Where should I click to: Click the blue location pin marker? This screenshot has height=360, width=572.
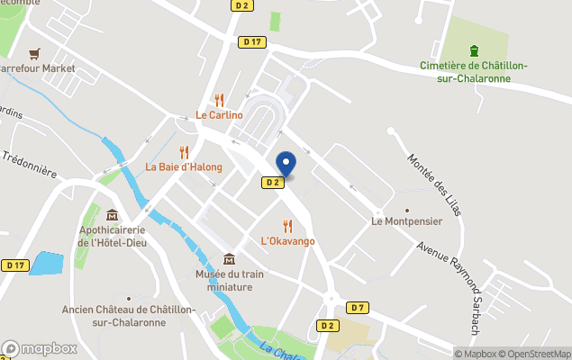(286, 165)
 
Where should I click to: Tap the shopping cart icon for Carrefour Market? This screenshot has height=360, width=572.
(34, 53)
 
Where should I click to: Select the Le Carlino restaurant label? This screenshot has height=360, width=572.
(220, 114)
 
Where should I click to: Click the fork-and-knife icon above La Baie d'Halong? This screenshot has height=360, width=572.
(184, 152)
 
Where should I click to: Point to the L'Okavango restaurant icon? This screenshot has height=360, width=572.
(287, 226)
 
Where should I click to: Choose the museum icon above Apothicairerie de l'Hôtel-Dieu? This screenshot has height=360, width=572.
(112, 215)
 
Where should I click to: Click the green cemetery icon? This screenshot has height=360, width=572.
(475, 50)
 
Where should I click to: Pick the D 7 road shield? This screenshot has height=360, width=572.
(358, 307)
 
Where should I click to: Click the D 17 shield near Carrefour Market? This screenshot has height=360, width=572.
(252, 41)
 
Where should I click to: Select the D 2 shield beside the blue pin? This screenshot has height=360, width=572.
(273, 182)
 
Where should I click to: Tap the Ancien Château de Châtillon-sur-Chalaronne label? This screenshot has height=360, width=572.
(128, 315)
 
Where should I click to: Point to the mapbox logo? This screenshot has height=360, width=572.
(39, 348)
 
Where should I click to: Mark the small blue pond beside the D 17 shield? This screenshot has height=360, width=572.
(47, 264)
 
